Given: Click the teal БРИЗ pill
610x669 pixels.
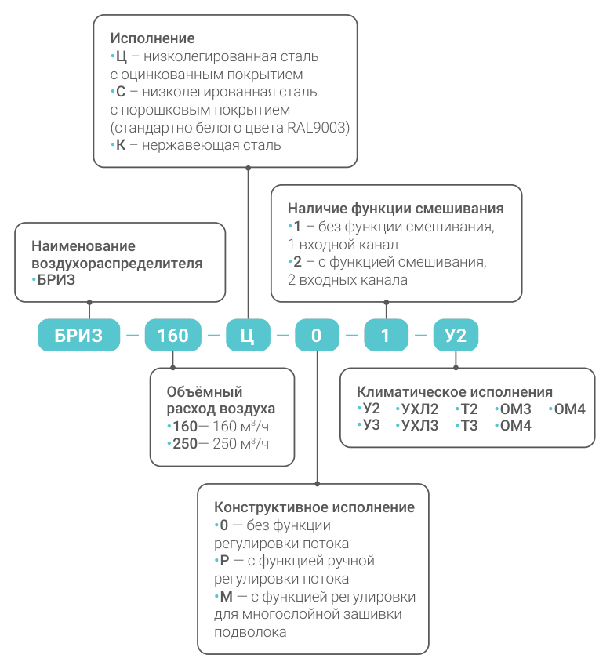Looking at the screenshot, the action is pos(78,335).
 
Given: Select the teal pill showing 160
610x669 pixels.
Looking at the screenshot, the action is pos(172,335).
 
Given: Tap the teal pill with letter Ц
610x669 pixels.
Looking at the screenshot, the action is pos(248,335).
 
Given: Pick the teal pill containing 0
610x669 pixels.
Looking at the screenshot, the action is pos(317,335).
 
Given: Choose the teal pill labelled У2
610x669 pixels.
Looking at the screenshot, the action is pos(456,335).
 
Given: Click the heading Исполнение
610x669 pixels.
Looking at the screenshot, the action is pos(152,38).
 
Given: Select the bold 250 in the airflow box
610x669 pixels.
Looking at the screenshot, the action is pos(185,444).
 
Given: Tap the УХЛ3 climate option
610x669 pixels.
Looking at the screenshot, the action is pos(419,425).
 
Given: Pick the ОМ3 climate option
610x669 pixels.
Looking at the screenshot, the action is pos(515,409).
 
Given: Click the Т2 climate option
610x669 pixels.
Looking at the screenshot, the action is pos(469,409).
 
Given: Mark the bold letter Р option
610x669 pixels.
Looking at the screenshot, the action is pos(224,561).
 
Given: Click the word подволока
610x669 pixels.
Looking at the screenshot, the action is pos(250,632).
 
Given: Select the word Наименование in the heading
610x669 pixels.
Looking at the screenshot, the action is pos(83,245).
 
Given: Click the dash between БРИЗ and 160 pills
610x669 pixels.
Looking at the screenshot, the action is pos(133,336).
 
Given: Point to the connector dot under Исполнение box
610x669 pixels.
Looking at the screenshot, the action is pos(249,168).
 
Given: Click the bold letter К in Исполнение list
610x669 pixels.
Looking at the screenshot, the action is pos(121,145).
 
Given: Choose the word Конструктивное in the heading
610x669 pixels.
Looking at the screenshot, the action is pos(271,507).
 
